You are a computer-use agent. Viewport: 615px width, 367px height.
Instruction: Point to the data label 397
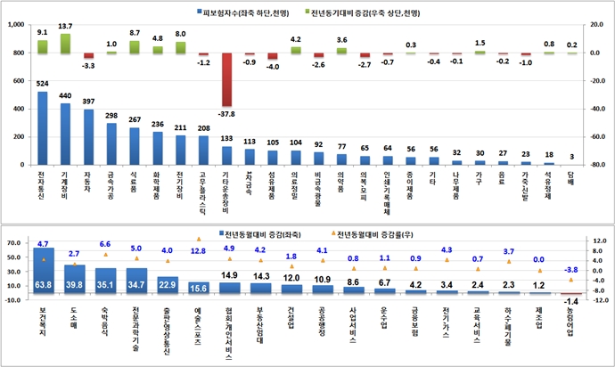click(89, 102)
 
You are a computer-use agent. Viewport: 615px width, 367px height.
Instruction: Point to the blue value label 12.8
click(198, 251)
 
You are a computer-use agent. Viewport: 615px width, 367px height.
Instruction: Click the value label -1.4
click(572, 304)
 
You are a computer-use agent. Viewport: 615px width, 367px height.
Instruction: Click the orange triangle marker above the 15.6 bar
click(198, 239)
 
